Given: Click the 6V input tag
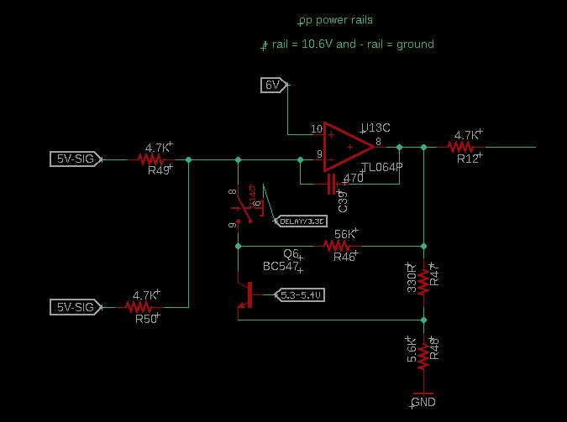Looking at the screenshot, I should [273, 85].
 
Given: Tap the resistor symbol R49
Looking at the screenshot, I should [152, 159].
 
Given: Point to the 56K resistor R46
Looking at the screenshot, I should [337, 246].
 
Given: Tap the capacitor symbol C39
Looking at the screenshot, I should [333, 184].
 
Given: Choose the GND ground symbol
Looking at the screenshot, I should [423, 396].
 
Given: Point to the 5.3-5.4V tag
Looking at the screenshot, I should [300, 295].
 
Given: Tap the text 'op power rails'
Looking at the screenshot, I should [335, 20].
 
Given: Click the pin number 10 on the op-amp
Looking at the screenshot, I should [316, 129].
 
